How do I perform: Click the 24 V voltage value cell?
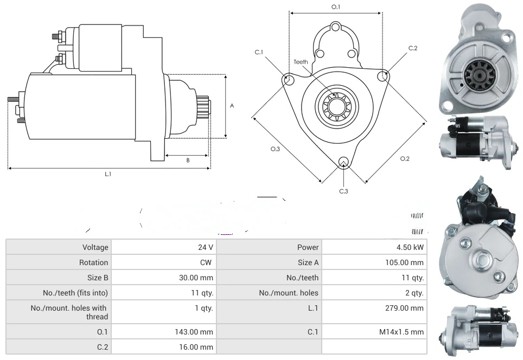click(x=205, y=247)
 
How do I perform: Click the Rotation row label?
click(x=93, y=262)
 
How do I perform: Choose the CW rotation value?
click(x=208, y=262)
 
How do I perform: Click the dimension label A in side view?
click(x=232, y=106)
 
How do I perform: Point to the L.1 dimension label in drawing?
click(x=108, y=174)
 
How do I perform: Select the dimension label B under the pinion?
click(x=188, y=160)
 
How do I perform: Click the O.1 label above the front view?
click(x=336, y=7)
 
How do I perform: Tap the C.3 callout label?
click(x=343, y=191)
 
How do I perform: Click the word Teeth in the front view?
click(x=301, y=62)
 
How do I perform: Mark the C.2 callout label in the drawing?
click(x=413, y=48)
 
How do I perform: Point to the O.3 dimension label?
click(x=275, y=149)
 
